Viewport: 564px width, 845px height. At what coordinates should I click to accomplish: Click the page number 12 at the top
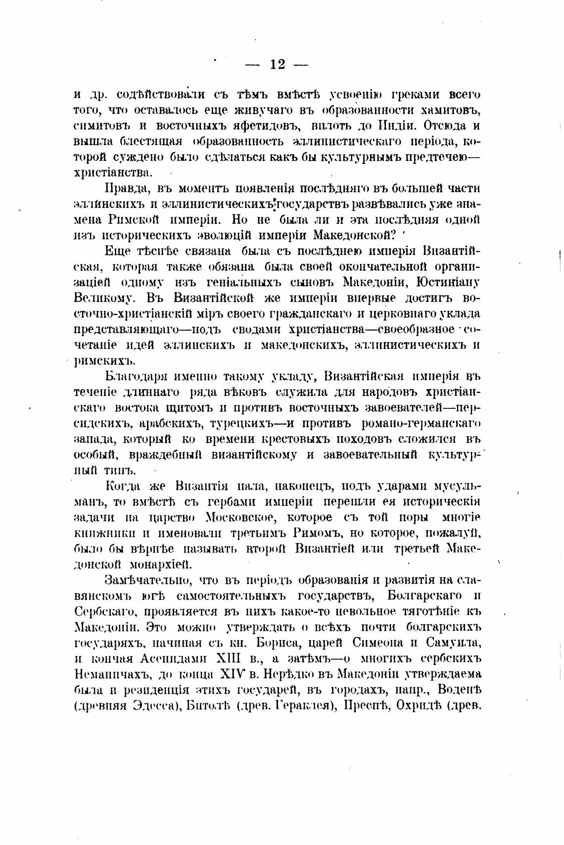click(x=277, y=64)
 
